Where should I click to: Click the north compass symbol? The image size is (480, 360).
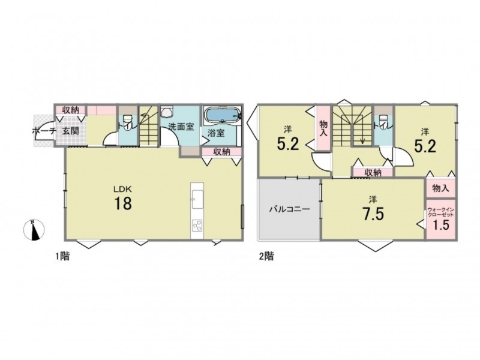coord(34,230)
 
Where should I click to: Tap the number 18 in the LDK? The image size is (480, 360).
coord(123,203)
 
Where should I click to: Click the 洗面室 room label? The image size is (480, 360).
coord(181,127)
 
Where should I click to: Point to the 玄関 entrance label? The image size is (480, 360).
coord(71,131)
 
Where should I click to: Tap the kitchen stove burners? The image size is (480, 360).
coord(197,226)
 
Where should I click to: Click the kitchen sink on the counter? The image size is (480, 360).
coord(197,200)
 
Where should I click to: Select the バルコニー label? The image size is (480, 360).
coord(289,209)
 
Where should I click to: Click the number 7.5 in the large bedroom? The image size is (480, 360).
coord(373,214)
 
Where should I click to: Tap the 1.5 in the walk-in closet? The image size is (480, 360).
coord(440,225)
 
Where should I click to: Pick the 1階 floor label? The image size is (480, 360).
coord(62,256)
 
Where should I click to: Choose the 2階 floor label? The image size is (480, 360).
coord(266,256)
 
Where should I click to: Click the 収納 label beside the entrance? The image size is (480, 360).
coord(71,110)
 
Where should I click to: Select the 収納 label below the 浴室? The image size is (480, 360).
coord(221,152)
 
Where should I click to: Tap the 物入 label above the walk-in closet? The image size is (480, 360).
coord(440,188)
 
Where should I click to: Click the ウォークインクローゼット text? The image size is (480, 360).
coord(440,212)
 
